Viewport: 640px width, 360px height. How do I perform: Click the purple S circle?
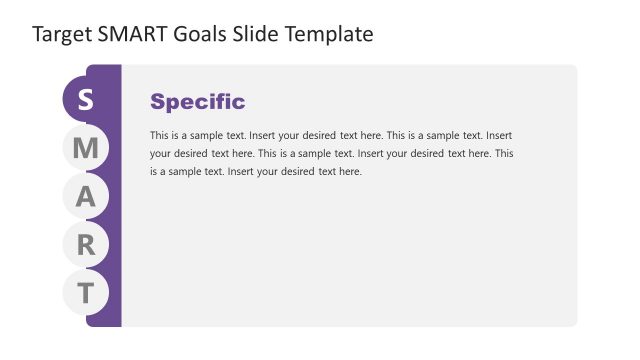(85, 100)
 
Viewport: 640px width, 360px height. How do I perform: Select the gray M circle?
(86, 149)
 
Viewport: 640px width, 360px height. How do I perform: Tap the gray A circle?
(86, 197)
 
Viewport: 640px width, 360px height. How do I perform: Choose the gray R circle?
(86, 245)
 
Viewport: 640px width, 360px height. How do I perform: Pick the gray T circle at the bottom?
(86, 293)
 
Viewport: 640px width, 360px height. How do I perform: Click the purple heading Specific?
(197, 101)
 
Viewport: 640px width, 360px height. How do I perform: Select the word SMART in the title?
(131, 34)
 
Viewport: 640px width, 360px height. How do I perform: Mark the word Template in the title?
(331, 34)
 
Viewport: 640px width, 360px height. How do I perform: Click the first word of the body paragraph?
(159, 135)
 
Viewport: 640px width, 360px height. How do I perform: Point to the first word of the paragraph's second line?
(161, 154)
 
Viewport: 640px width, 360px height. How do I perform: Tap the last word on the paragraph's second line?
(505, 154)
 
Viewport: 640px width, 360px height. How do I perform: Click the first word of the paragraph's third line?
(153, 172)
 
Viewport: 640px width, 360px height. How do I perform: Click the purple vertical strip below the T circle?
(104, 318)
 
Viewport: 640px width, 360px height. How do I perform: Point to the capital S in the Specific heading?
(157, 101)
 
